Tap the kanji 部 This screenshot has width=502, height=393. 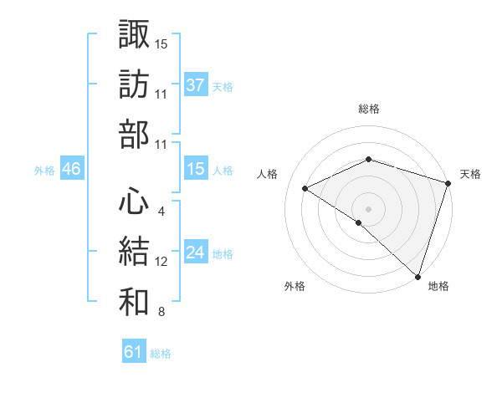click(134, 134)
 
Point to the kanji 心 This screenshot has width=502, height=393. click(134, 201)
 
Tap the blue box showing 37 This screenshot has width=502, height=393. click(196, 84)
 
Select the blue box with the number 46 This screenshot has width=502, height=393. click(72, 169)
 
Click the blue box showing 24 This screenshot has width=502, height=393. click(196, 253)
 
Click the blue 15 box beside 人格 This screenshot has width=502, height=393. click(196, 169)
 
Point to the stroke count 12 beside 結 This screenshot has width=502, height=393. click(161, 262)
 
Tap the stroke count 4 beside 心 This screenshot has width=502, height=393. click(161, 211)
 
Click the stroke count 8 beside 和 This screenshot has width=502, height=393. click(161, 313)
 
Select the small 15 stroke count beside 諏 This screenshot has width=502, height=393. click(161, 43)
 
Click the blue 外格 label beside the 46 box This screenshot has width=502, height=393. click(44, 171)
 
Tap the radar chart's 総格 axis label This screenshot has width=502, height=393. click(368, 109)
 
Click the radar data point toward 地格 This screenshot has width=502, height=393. click(417, 275)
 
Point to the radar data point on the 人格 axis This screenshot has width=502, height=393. click(305, 189)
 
